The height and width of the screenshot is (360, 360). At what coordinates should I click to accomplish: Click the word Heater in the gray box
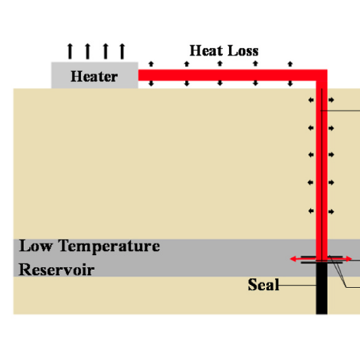94,77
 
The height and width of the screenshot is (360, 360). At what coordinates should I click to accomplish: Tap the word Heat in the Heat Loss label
207,51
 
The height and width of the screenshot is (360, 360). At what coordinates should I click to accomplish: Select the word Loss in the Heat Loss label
243,51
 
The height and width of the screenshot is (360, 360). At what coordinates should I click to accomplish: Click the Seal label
263,284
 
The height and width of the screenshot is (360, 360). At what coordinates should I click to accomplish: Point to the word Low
36,246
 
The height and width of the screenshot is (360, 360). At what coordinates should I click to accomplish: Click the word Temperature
110,247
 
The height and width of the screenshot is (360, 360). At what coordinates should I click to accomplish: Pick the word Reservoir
57,270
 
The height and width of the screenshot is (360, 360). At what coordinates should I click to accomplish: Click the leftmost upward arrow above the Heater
70,51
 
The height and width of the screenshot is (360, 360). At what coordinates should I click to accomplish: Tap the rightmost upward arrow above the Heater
123,51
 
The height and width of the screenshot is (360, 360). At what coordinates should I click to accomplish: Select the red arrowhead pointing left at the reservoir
293,259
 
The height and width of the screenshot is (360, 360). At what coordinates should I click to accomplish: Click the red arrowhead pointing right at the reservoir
349,259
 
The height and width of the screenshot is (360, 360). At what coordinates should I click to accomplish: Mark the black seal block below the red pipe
322,288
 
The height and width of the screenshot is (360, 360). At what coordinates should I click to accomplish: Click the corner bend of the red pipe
322,75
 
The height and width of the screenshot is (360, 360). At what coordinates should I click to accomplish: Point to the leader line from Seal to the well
297,285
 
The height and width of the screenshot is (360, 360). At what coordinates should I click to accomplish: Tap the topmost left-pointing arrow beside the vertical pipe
311,100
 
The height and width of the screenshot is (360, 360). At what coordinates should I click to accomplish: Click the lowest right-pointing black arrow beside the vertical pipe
331,211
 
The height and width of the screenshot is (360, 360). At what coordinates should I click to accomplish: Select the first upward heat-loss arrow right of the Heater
151,64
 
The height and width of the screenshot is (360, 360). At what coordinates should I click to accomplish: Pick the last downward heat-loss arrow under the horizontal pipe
290,83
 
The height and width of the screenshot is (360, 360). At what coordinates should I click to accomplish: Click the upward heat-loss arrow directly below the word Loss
255,64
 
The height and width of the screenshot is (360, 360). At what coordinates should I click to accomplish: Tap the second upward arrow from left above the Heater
87,51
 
